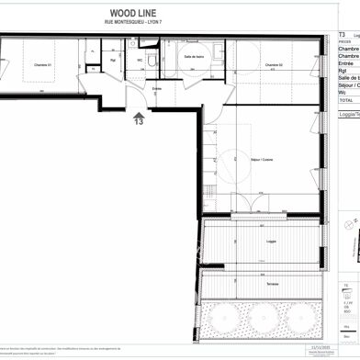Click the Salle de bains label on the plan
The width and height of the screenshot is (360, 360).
(x=194, y=57)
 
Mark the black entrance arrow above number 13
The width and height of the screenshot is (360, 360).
(x=139, y=111)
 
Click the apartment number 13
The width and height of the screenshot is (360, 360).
(x=139, y=120)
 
